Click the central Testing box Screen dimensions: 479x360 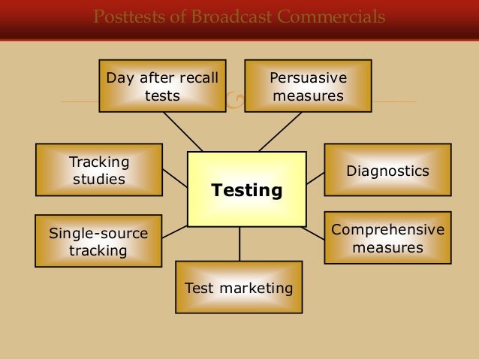[246, 189]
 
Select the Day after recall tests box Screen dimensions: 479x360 [162, 86]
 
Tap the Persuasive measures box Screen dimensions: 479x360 [308, 86]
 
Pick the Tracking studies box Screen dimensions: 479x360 [99, 171]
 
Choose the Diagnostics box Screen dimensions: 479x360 [387, 171]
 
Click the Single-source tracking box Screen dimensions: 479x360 [98, 241]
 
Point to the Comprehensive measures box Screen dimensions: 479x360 [387, 237]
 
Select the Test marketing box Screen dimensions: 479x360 [239, 287]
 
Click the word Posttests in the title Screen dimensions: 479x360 [125, 17]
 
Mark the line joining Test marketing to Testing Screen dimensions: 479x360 [239, 244]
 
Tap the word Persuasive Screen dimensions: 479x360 [308, 77]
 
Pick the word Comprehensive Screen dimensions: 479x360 [387, 229]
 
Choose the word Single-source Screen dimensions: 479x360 [98, 233]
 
